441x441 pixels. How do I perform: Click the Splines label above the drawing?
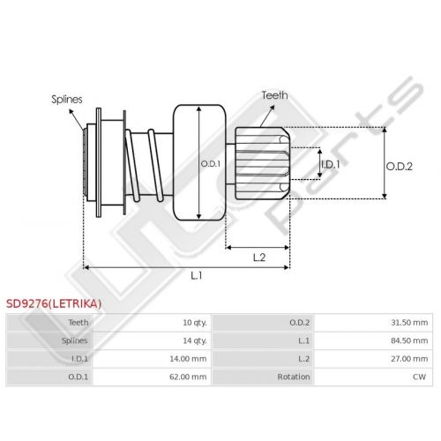[67, 100]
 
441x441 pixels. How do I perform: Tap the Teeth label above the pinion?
[274, 95]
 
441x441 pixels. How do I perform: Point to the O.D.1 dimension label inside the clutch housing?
[210, 164]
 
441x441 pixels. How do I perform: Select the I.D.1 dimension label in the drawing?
[331, 164]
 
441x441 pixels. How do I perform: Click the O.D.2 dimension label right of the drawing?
[400, 167]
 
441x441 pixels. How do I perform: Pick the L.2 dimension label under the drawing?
[259, 258]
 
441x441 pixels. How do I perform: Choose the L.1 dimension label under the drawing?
[197, 275]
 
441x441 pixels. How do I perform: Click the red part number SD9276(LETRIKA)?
[54, 303]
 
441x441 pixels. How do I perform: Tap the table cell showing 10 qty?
[195, 323]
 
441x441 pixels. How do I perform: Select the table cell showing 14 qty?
[195, 340]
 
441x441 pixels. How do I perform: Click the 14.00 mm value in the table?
[188, 359]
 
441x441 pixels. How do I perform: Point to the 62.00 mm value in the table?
[188, 377]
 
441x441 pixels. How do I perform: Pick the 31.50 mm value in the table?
[409, 323]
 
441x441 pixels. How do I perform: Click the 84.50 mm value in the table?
[409, 340]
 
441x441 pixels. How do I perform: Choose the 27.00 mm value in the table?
[409, 359]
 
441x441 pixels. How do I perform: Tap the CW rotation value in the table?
[419, 377]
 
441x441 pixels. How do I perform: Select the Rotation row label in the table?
[294, 377]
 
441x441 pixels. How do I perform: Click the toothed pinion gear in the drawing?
[262, 163]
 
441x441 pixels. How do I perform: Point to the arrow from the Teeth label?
[267, 116]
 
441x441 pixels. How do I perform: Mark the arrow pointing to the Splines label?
[77, 120]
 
